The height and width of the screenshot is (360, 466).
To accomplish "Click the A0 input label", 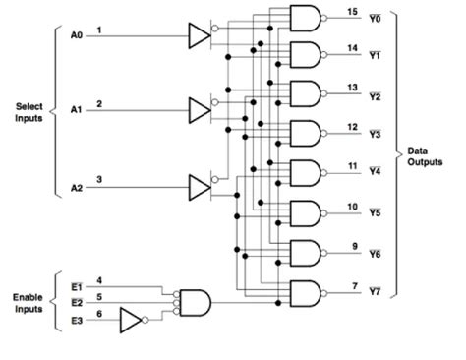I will pyautogui.click(x=76, y=36).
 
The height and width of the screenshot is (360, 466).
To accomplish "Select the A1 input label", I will pyautogui.click(x=76, y=111).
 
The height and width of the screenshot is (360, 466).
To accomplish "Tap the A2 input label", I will pyautogui.click(x=76, y=187).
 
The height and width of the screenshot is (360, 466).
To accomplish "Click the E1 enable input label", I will pyautogui.click(x=77, y=287).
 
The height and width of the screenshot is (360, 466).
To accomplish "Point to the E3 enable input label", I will pyautogui.click(x=77, y=320).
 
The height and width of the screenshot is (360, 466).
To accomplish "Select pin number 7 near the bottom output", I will pyautogui.click(x=352, y=285).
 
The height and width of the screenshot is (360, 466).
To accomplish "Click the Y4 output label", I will pyautogui.click(x=375, y=170).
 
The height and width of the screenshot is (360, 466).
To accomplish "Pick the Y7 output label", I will pyautogui.click(x=375, y=292).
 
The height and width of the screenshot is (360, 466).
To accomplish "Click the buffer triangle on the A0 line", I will pyautogui.click(x=200, y=37).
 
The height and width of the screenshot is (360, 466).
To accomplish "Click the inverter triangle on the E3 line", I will pyautogui.click(x=131, y=320).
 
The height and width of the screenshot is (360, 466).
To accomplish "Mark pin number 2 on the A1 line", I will pyautogui.click(x=99, y=103).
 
